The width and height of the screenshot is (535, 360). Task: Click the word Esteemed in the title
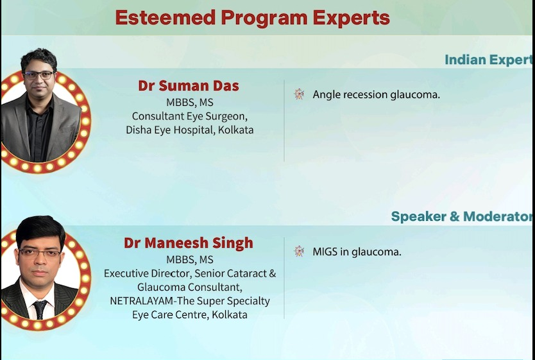pos(166,17)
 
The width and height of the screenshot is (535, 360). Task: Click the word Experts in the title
pos(351,18)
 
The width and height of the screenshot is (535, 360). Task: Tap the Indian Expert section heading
pos(488,60)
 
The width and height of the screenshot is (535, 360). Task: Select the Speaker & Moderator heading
pos(461,216)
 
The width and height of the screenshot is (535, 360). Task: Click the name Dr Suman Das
pos(189,85)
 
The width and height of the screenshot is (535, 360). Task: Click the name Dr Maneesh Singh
pos(189,243)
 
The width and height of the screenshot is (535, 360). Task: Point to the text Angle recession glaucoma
pos(377,94)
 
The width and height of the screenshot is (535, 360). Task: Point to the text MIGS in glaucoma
pos(357,252)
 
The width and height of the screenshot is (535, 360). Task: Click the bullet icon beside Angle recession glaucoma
pos(299,94)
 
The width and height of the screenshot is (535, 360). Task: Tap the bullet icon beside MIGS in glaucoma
pos(299,251)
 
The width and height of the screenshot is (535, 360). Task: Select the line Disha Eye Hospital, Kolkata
pos(190,130)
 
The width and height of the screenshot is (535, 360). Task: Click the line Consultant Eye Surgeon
pos(190,116)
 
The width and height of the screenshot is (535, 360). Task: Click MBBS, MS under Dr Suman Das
pos(190,103)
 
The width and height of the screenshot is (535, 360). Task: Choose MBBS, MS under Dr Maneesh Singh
pos(190,260)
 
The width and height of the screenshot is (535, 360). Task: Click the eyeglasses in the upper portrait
pos(38,76)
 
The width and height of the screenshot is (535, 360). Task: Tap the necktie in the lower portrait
pos(40,309)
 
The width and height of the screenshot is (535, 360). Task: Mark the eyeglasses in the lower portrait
pos(40,253)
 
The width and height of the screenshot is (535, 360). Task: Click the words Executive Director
pos(147,273)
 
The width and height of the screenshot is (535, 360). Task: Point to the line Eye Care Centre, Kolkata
pos(190,314)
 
